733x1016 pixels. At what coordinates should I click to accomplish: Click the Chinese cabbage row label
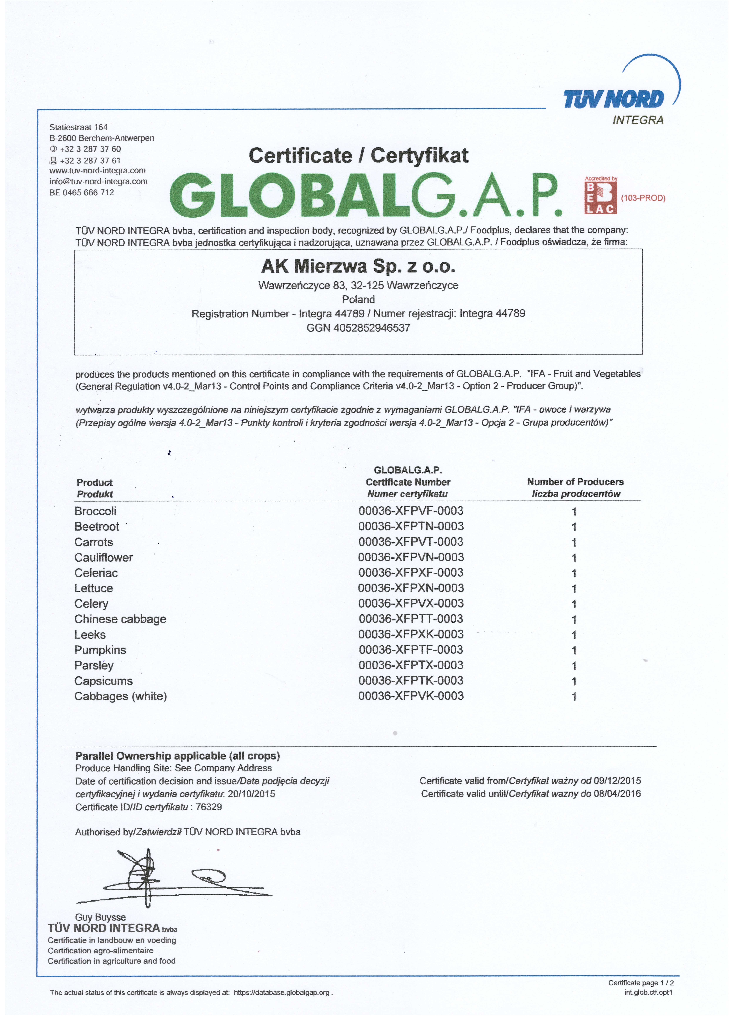tap(120, 619)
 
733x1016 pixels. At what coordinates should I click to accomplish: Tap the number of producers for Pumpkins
tap(574, 650)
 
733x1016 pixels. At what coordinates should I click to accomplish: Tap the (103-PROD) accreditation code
tap(643, 198)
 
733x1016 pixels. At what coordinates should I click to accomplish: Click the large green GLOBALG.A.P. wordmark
tap(365, 195)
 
